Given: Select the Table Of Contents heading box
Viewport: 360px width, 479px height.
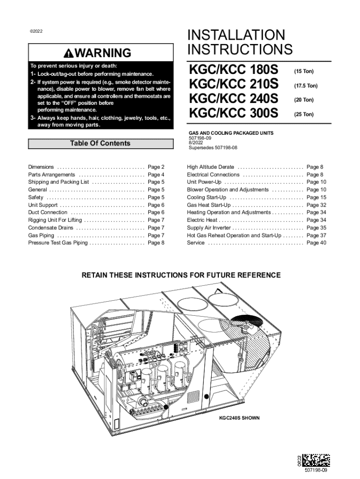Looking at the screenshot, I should point(100,144).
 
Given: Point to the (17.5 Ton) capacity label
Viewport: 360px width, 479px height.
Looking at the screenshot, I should point(305,86).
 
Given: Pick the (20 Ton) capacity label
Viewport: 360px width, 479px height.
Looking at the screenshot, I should point(303,100).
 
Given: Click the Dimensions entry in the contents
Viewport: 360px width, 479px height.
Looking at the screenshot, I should point(41,167).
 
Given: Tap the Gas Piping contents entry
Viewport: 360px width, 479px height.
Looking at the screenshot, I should point(41,235).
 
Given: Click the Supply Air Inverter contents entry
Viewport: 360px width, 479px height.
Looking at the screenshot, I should point(209,228).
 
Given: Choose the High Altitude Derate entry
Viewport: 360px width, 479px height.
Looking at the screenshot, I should point(210,167).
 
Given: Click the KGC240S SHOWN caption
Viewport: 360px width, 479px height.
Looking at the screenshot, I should point(240,417).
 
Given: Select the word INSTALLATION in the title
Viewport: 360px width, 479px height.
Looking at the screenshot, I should point(236,35).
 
